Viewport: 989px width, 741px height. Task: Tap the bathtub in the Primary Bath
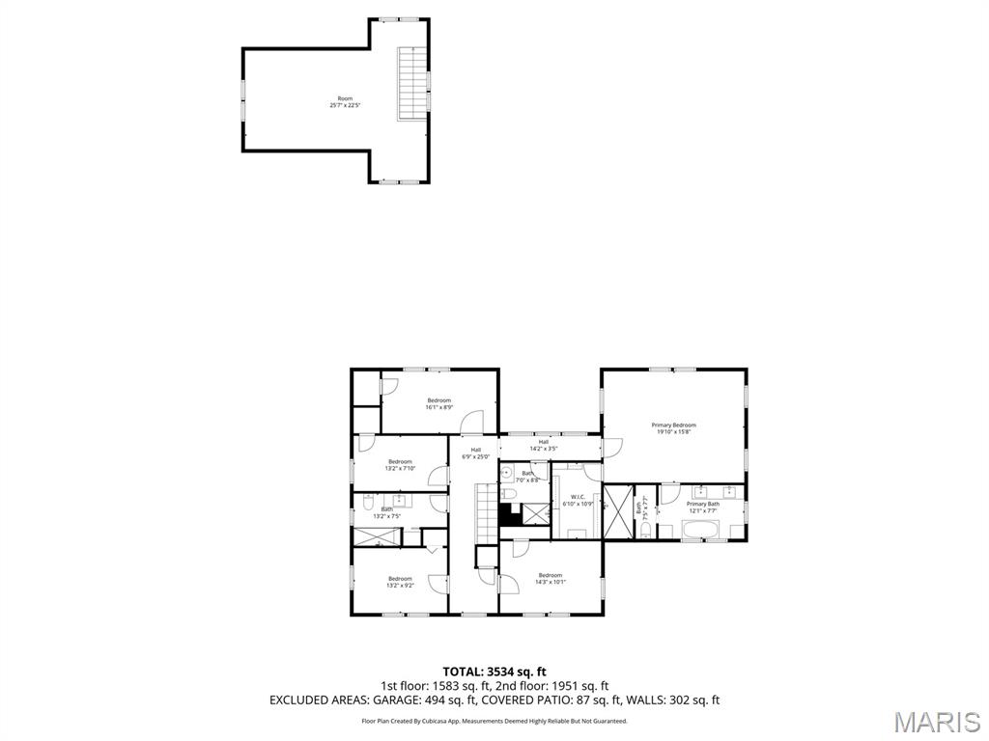click(700, 529)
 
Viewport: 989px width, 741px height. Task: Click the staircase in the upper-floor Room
click(412, 81)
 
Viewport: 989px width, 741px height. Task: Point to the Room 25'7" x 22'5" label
click(345, 102)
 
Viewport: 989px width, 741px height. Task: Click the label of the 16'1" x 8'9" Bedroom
click(439, 403)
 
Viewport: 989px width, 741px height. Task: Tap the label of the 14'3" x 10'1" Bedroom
click(550, 579)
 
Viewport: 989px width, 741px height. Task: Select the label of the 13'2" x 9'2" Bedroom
click(400, 582)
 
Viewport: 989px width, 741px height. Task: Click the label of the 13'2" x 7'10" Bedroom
click(400, 465)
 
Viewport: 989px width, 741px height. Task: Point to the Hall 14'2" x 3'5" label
click(544, 445)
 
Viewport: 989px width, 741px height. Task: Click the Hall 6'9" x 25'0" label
click(476, 453)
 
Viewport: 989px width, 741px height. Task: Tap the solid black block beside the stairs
click(508, 514)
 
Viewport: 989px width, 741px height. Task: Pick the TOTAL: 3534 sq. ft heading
click(494, 672)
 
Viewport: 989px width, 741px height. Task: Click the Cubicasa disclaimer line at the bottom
click(494, 721)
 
